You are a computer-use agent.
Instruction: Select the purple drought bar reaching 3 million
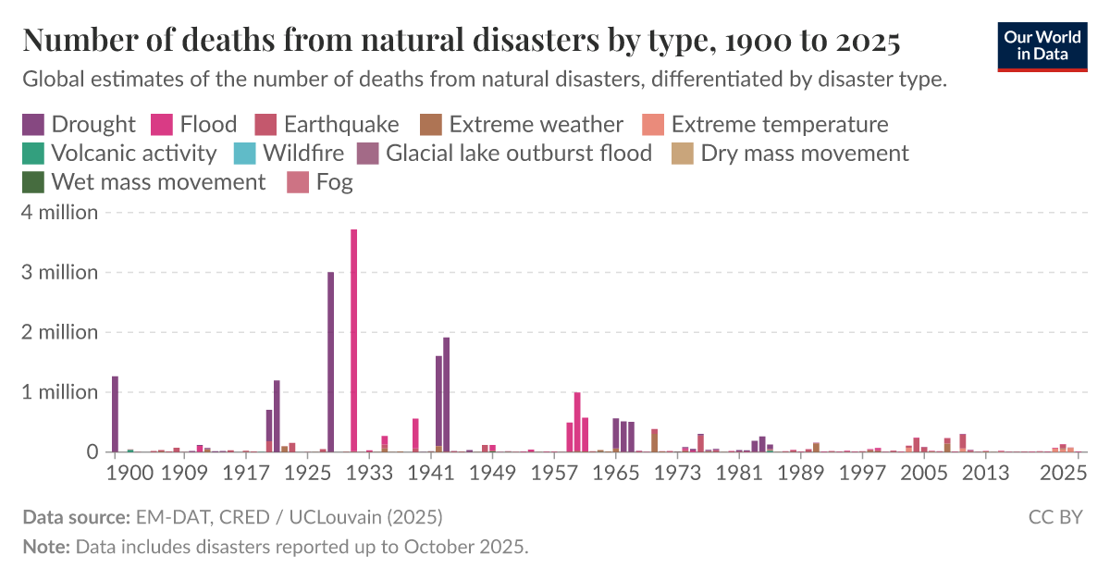(330, 362)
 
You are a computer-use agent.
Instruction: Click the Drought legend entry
(79, 125)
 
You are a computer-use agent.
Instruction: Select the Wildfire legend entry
(290, 153)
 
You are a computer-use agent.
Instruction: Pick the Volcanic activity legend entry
(119, 153)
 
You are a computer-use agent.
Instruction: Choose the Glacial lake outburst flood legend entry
(504, 153)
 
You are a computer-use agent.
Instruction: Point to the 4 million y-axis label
(60, 213)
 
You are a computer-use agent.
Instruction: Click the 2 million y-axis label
(60, 332)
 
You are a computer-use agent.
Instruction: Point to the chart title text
(461, 41)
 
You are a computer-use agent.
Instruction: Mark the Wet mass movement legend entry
(143, 182)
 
